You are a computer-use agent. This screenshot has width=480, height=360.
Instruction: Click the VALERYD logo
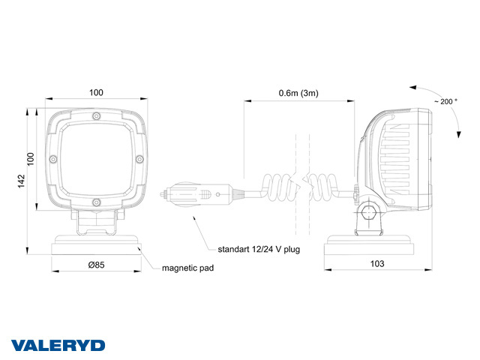coord(58,346)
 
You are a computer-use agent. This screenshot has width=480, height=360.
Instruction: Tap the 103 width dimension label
coord(377,263)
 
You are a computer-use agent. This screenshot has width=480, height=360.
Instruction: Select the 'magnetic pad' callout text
coord(187,267)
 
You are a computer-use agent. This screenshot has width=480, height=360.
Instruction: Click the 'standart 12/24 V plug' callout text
coord(259,248)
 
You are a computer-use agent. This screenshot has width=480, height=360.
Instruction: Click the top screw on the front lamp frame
coord(97,115)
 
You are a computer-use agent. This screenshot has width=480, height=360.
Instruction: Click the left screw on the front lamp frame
coord(53,159)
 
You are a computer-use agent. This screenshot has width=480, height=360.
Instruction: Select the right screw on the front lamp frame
coord(139,159)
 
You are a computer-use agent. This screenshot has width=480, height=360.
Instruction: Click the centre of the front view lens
coord(96,159)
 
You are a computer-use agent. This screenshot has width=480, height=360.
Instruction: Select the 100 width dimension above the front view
coord(96,93)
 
